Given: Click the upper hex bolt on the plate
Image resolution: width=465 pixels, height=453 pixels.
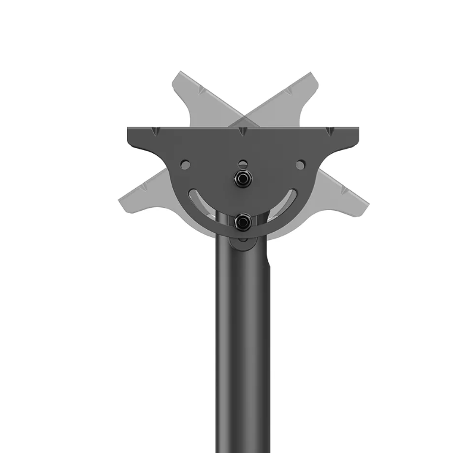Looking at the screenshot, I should pos(242,179).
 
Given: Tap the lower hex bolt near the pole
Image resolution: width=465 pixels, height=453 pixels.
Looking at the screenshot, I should pos(242,223).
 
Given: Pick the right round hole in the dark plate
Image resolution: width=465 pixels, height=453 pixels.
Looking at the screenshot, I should pos(300,163).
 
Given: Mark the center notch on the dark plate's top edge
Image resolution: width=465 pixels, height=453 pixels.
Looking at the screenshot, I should pos(242,131).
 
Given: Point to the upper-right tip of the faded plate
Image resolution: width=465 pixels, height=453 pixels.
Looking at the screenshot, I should pos(312,77).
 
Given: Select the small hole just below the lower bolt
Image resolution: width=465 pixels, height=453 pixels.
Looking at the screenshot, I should pos(242,240).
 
